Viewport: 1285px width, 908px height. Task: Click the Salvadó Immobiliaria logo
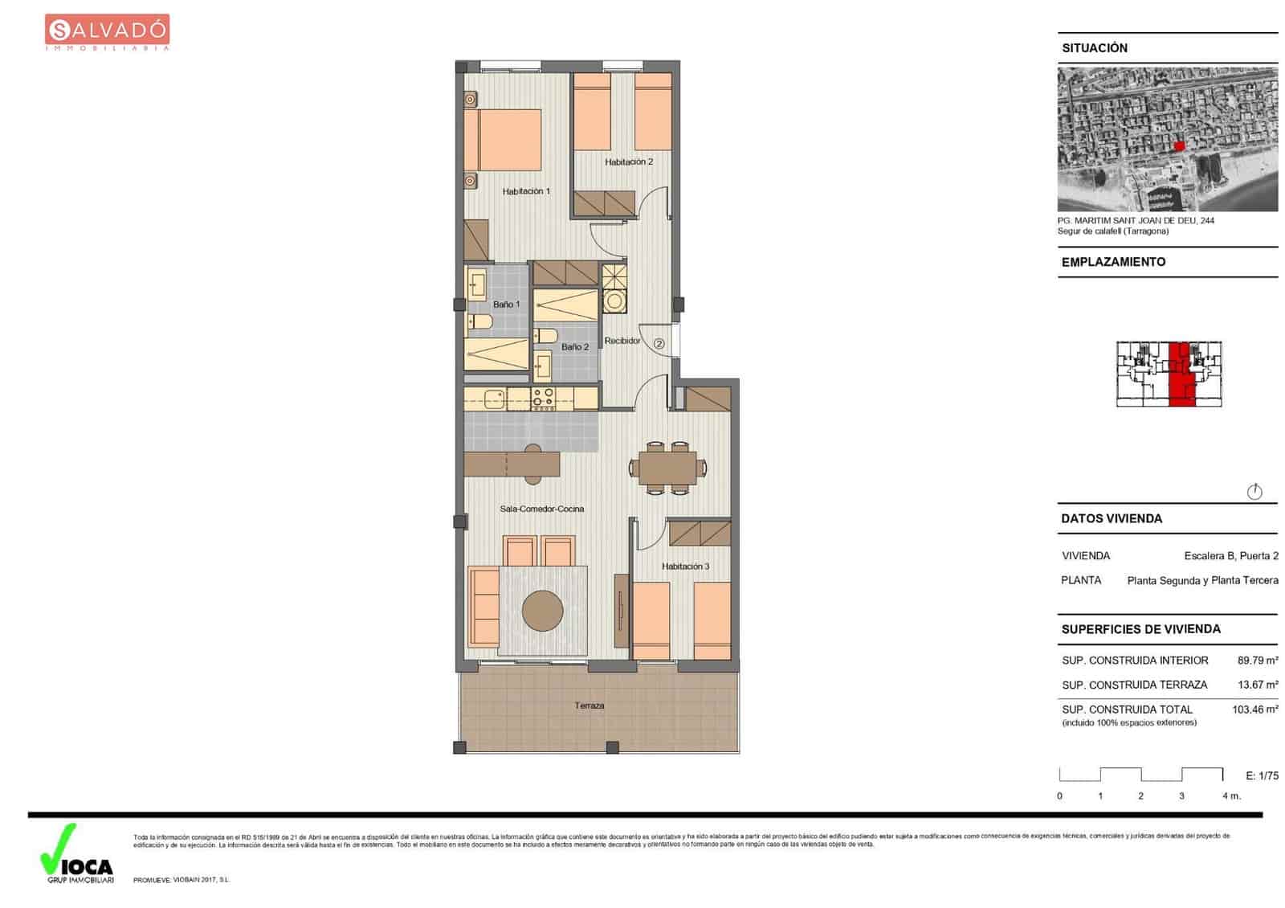click(107, 32)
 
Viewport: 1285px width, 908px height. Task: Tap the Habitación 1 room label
click(526, 191)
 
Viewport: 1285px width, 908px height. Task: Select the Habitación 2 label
click(629, 162)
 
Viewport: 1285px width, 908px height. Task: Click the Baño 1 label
click(506, 305)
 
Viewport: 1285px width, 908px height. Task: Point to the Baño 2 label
click(575, 347)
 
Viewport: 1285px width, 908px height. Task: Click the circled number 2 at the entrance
click(659, 343)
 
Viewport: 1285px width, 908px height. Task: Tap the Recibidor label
click(622, 341)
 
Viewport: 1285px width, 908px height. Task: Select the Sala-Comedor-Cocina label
click(541, 509)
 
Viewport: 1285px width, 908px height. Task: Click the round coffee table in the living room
click(542, 611)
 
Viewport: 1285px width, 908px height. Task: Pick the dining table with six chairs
click(667, 468)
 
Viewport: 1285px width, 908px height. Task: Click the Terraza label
click(589, 706)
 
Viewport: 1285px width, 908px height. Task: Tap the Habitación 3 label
click(685, 566)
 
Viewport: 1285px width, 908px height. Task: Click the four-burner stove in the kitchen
click(543, 399)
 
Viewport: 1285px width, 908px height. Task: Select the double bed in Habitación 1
click(503, 140)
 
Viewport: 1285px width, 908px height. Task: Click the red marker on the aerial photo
click(1179, 145)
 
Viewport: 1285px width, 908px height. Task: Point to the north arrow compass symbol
click(1254, 492)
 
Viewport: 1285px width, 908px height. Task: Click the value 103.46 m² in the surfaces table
click(1254, 710)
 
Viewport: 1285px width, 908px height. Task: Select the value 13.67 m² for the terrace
click(1258, 685)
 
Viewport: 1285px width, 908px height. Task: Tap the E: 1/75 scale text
click(1262, 775)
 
